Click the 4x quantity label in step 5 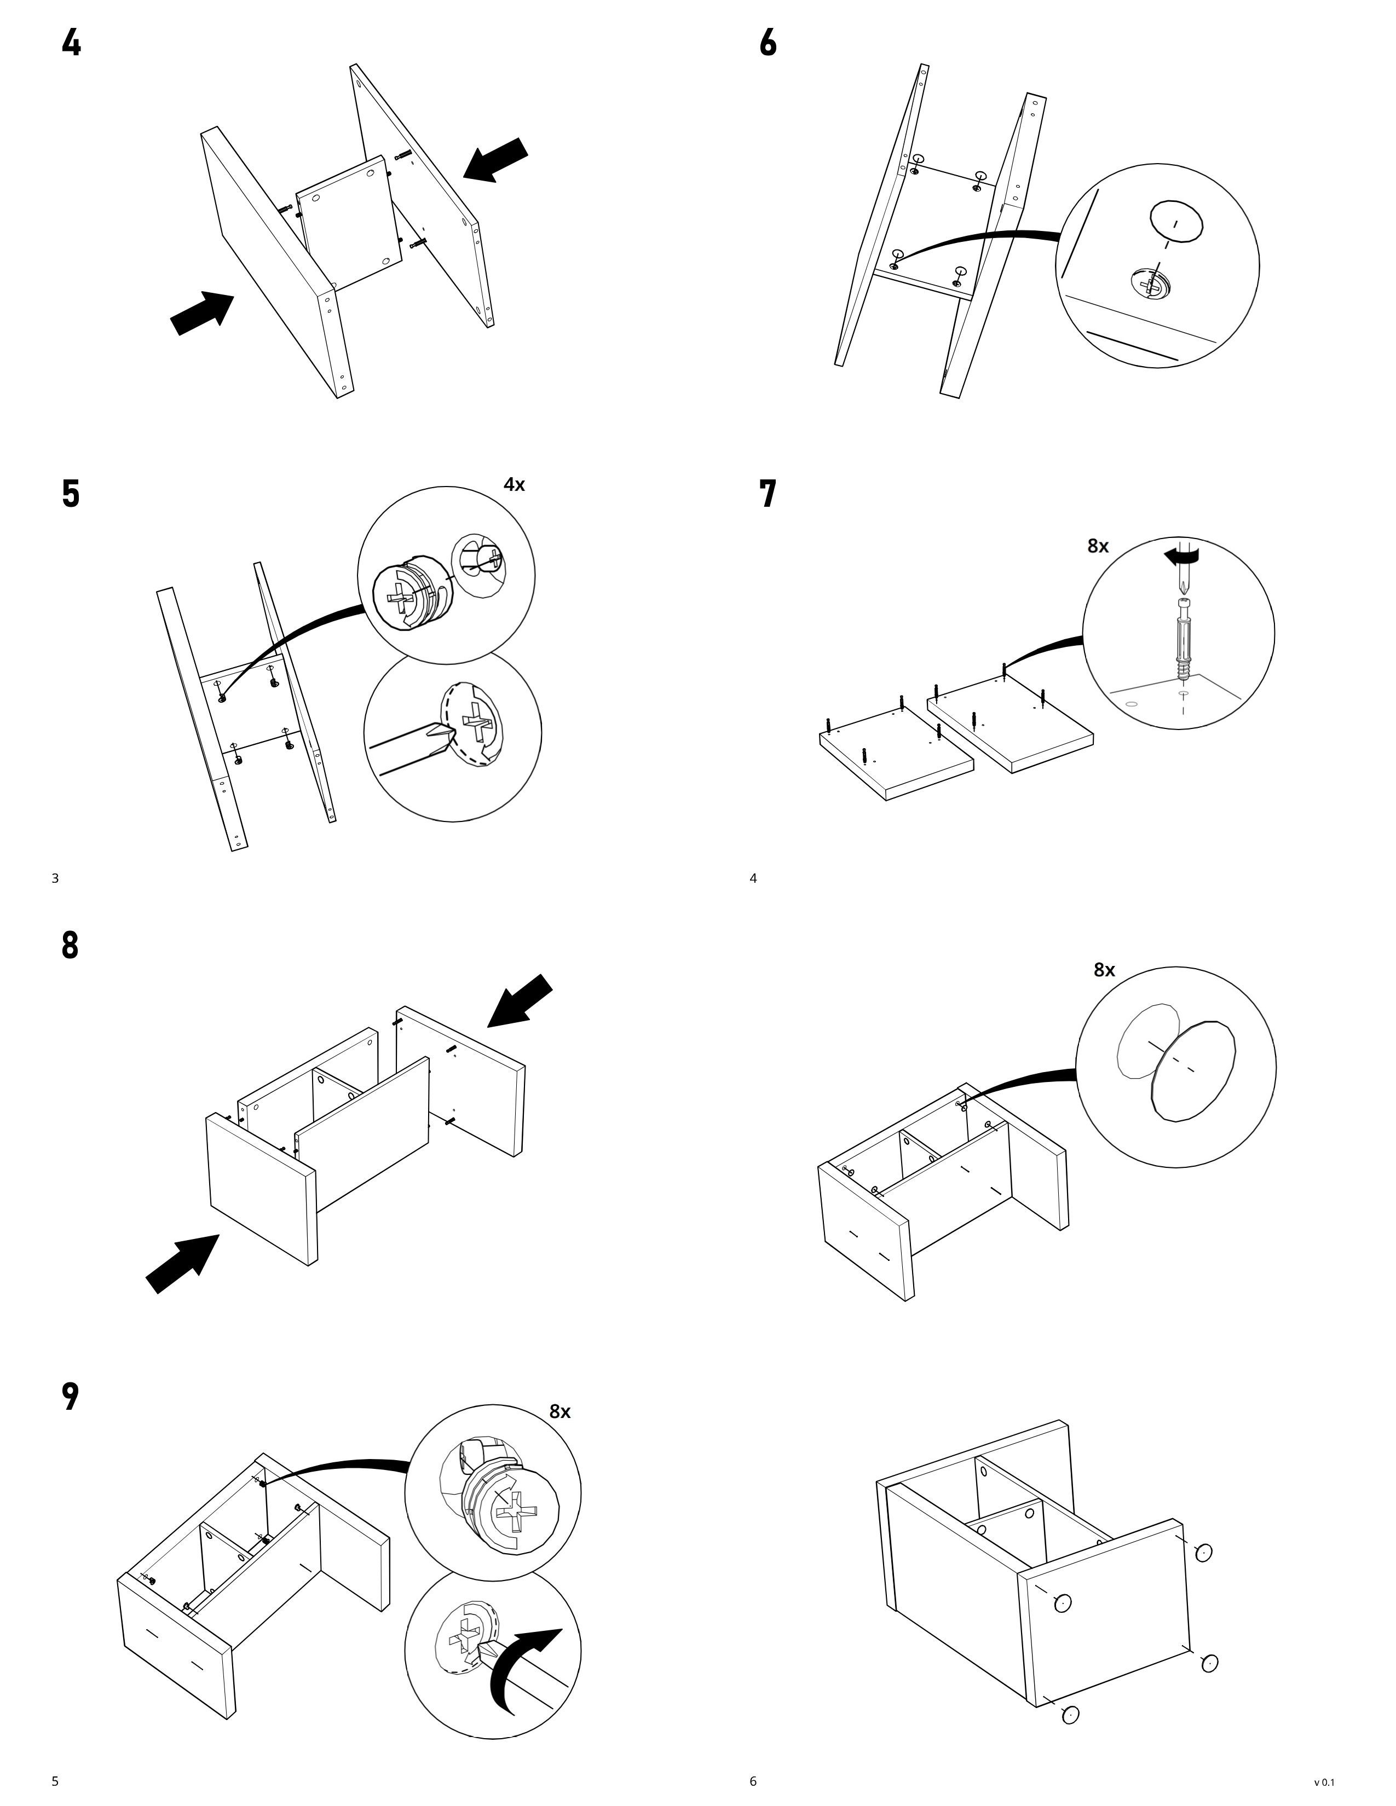coord(515,484)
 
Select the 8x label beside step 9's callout coord(560,1411)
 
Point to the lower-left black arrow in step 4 coord(201,312)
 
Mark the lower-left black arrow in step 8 coord(182,1264)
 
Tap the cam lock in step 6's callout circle coord(1149,285)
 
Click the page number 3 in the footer coord(55,878)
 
